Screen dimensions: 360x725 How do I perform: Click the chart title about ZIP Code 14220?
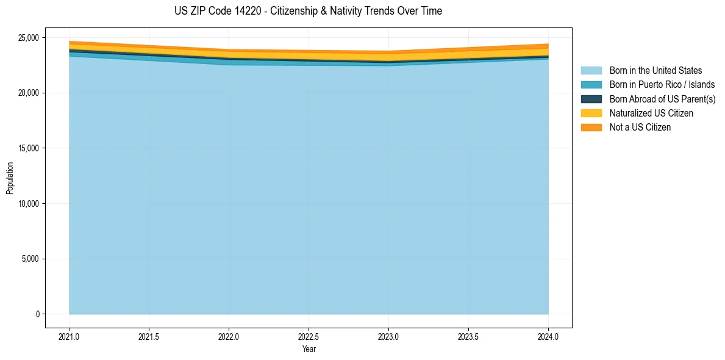pos(308,11)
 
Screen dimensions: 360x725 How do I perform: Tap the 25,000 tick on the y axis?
pos(27,38)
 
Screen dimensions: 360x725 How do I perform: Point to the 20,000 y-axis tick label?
pos(27,93)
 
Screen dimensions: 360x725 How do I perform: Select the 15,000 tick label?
pos(27,148)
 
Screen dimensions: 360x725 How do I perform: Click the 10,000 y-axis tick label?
pos(27,203)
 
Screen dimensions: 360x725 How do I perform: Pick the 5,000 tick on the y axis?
pos(29,259)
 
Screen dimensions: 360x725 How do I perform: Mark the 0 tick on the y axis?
pos(37,314)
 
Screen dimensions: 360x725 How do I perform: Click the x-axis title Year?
pos(309,349)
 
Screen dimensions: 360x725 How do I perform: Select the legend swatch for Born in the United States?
pos(591,71)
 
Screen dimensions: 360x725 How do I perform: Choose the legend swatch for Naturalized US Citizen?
pos(591,113)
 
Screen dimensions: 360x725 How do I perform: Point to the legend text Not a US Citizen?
pos(640,128)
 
